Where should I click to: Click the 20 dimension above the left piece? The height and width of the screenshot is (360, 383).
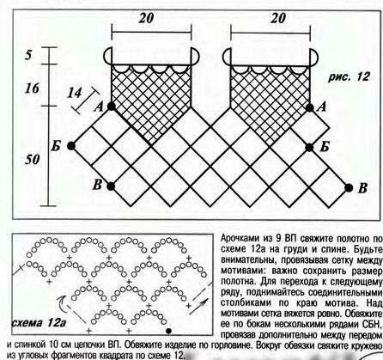click(146, 18)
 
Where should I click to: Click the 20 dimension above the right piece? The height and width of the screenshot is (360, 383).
click(277, 18)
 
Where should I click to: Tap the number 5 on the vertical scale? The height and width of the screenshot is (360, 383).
click(28, 55)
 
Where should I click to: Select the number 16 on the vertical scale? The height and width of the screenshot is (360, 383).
click(32, 88)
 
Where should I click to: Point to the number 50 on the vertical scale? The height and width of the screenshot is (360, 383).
click(32, 159)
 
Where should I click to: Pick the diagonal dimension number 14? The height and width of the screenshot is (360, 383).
click(75, 93)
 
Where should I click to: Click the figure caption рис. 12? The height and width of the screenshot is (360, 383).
click(349, 77)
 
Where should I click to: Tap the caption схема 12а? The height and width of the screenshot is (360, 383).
click(40, 323)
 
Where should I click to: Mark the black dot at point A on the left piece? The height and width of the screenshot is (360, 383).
click(112, 107)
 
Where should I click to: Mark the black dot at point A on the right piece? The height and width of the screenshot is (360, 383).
click(310, 107)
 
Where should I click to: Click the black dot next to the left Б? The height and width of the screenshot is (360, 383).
click(71, 146)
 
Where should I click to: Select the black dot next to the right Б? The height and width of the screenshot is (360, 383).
click(309, 148)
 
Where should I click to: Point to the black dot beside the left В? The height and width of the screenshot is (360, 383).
click(111, 186)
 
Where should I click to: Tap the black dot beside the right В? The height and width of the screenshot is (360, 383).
click(349, 188)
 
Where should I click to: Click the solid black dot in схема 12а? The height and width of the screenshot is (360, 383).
click(169, 331)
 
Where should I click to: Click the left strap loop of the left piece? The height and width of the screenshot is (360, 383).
click(106, 56)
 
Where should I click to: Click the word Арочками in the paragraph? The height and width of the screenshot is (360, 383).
click(240, 238)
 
